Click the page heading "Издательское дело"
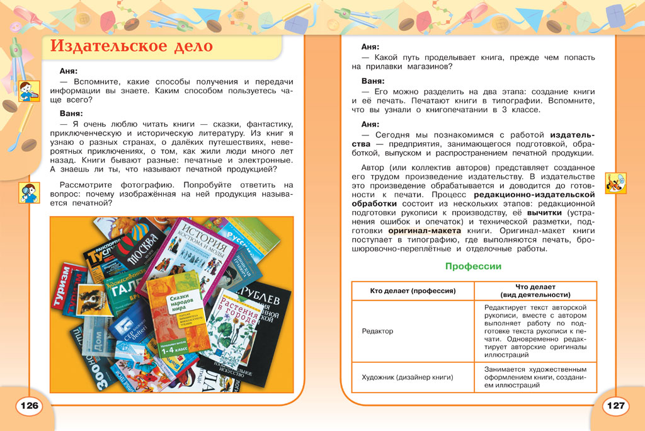(131, 47)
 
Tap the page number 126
(30, 405)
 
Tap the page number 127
(615, 405)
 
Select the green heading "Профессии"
(473, 267)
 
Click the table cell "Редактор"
(377, 331)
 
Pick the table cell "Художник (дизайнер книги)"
(408, 377)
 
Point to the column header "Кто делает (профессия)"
(413, 290)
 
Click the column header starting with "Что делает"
(535, 290)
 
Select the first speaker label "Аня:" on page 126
(68, 71)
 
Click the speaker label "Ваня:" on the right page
(373, 81)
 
